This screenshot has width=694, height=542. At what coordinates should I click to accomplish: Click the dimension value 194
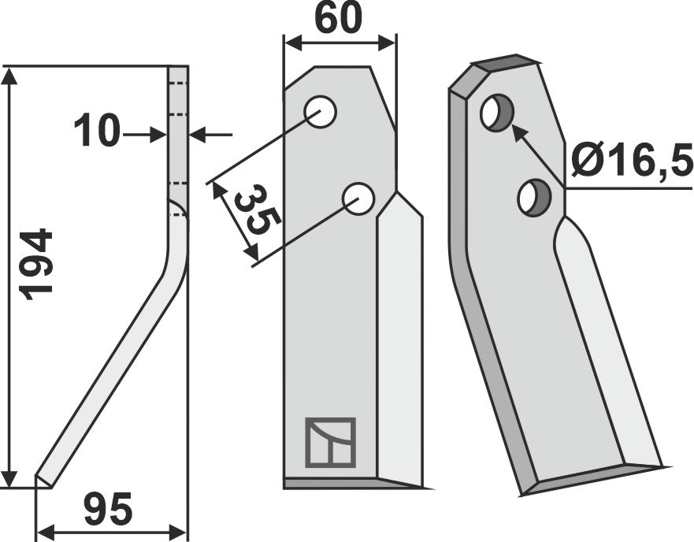click(37, 262)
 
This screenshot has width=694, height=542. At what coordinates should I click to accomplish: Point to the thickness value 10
click(97, 132)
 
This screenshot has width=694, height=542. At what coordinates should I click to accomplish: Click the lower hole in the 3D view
click(533, 197)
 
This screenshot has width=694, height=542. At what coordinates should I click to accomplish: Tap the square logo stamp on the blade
click(329, 442)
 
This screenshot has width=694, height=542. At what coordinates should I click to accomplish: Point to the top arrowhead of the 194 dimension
click(9, 75)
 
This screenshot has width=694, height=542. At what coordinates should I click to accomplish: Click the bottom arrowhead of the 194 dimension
click(9, 478)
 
